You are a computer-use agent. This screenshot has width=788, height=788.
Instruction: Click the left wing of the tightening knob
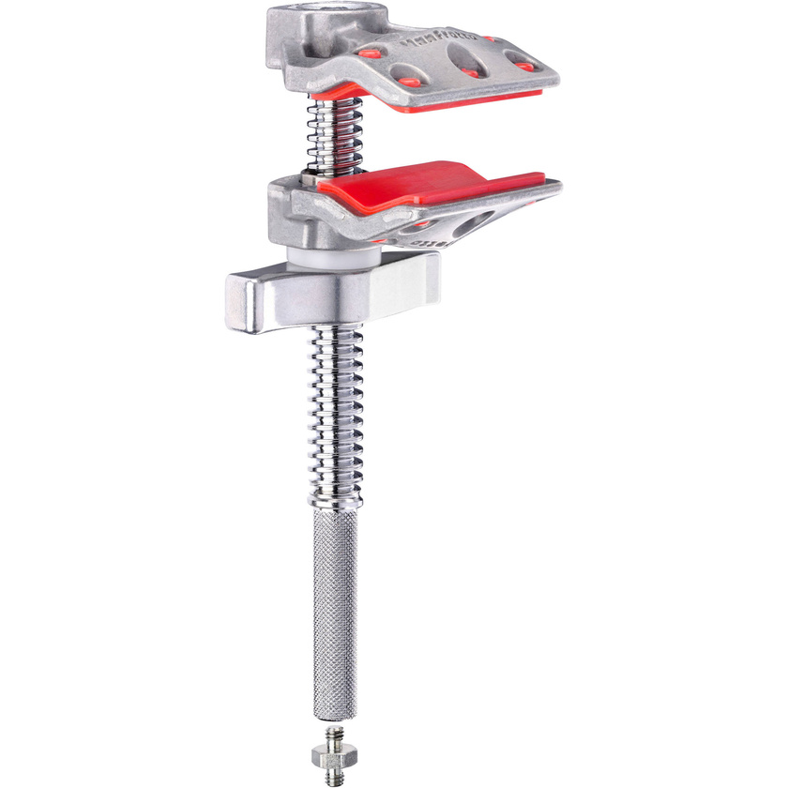(246, 295)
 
